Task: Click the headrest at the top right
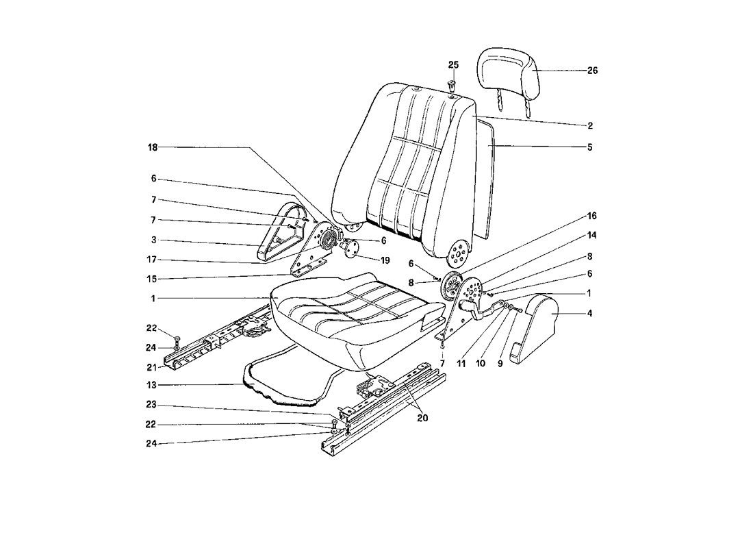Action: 509,72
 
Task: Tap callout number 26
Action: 593,71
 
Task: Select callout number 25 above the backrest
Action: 453,65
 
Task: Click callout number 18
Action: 153,147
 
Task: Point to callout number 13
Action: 152,385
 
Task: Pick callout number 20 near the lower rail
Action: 422,419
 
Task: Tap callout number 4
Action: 589,314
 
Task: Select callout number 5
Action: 589,147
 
